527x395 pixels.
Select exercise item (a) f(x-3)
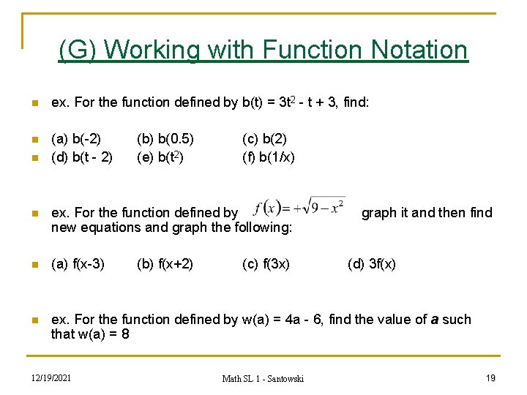click(78, 264)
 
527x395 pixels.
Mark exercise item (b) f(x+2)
click(165, 264)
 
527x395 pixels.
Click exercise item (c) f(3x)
click(266, 264)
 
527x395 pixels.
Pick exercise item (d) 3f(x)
click(372, 264)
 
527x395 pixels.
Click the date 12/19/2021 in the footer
click(51, 377)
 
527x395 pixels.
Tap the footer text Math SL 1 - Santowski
click(263, 378)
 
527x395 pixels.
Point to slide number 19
click(491, 377)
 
